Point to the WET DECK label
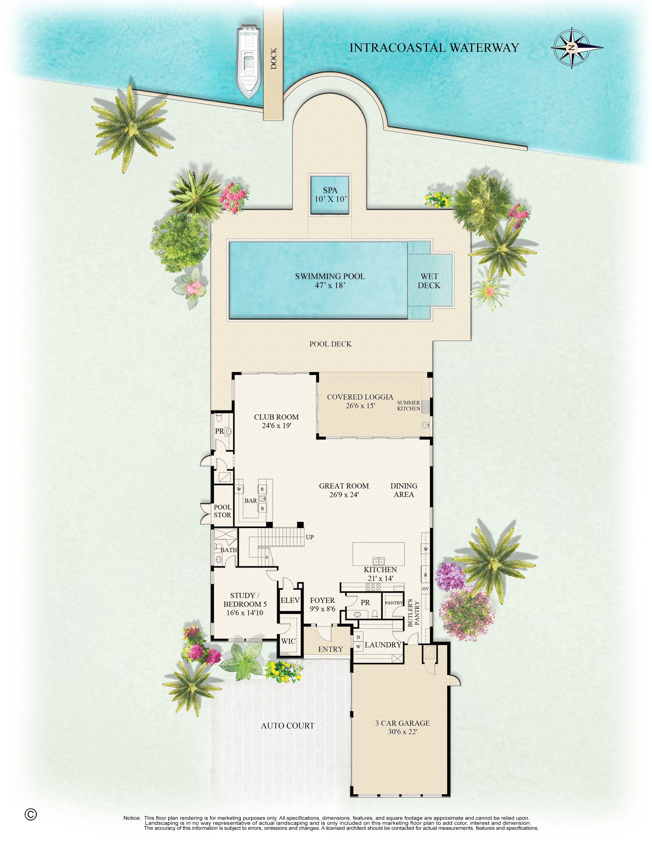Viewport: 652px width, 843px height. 429,281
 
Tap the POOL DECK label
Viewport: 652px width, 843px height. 330,344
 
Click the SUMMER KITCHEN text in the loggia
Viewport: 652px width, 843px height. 408,406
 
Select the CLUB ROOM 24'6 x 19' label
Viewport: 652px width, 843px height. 276,421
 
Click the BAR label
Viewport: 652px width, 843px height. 250,501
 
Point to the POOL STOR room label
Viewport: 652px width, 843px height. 222,511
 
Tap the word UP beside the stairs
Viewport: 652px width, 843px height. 310,537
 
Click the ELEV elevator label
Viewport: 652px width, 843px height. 290,600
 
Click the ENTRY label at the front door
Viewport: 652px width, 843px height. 330,649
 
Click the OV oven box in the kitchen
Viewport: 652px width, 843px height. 425,589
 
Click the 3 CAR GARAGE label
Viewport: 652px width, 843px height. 402,727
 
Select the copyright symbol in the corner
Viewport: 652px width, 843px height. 30,814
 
